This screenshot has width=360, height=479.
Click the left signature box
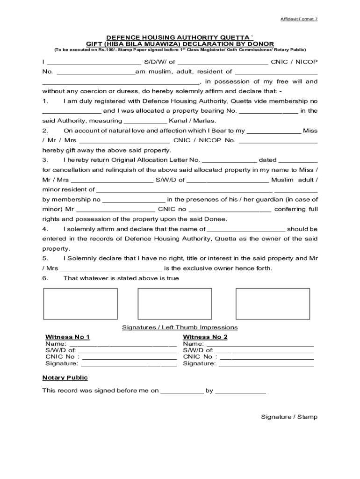80,304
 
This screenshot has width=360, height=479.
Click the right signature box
273,304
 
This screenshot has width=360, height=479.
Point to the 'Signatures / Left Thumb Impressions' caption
180,327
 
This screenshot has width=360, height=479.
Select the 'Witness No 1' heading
67,337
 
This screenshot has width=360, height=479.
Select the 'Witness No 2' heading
205,337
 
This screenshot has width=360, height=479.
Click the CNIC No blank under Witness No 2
267,357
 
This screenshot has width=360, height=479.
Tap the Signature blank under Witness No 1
129,363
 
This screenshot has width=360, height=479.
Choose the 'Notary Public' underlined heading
65,377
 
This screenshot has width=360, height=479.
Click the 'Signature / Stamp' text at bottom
289,417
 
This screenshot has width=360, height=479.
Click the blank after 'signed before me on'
182,391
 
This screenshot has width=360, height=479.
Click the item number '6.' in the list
45,278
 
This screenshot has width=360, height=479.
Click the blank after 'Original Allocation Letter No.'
229,160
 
